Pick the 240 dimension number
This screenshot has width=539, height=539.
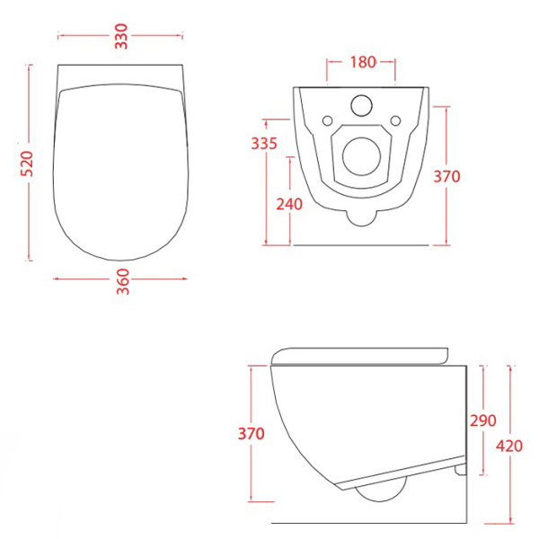(x=289, y=203)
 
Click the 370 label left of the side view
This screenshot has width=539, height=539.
(x=252, y=434)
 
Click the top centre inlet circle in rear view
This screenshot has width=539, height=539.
(x=363, y=104)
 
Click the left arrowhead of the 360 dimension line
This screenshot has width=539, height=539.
(x=57, y=278)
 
